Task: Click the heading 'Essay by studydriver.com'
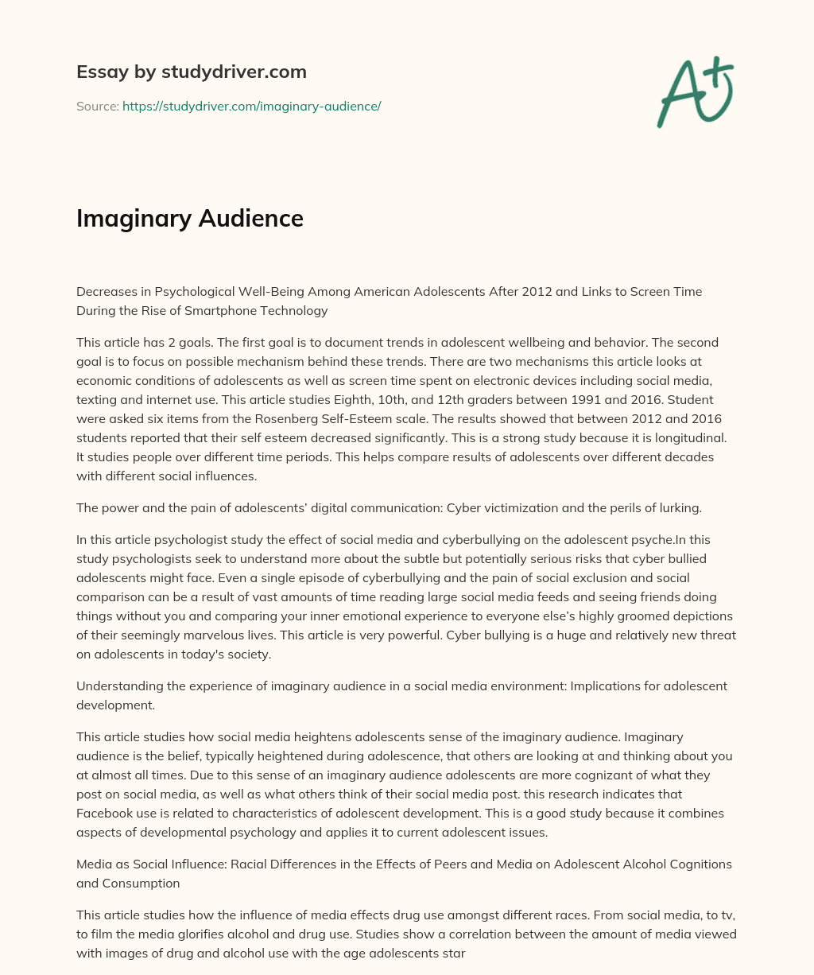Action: pyautogui.click(x=192, y=72)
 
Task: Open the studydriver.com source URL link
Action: pyautogui.click(x=251, y=106)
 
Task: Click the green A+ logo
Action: pyautogui.click(x=694, y=91)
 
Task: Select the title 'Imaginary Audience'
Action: pyautogui.click(x=190, y=218)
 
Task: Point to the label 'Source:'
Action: pyautogui.click(x=97, y=106)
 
